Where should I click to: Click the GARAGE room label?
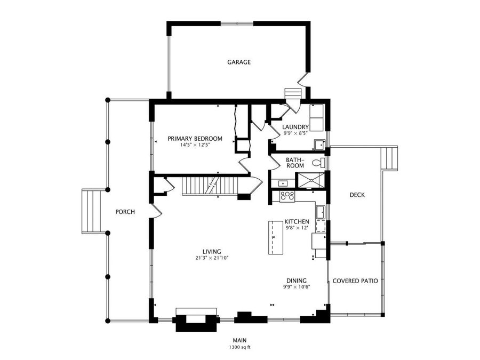239,62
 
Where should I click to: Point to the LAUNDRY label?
295,127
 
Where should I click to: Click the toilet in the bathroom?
318,162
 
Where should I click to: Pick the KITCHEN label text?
297,221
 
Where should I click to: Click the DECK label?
357,195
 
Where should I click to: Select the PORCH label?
125,212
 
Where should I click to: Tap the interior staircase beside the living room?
211,187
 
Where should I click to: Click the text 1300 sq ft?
239,347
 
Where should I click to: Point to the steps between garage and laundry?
293,94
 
